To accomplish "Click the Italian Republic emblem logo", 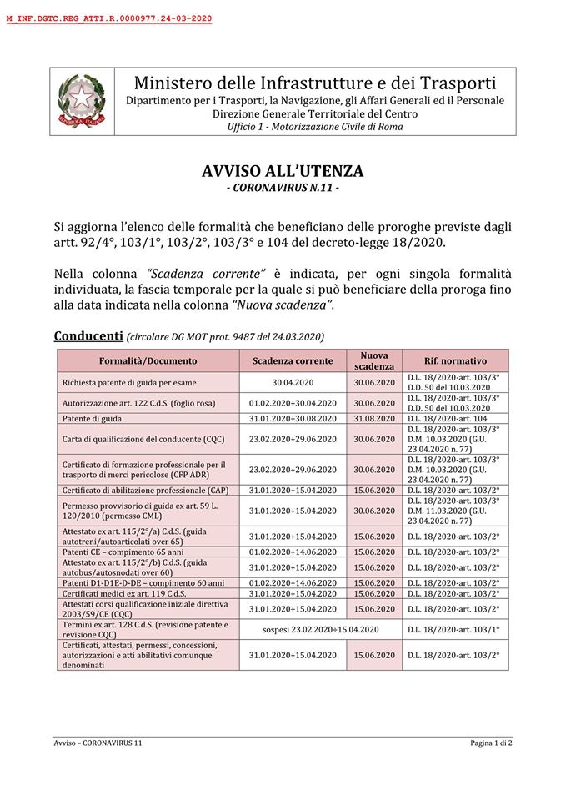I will (x=81, y=102).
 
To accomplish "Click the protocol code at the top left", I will (x=108, y=18).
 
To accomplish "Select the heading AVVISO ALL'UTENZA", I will (x=283, y=171).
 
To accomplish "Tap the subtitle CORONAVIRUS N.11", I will (x=283, y=189).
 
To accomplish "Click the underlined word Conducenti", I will (x=88, y=335).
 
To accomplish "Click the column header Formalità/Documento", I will (x=148, y=360).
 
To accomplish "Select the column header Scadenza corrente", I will (x=293, y=360).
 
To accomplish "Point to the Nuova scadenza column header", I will (x=373, y=360).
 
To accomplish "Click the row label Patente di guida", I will (x=92, y=418).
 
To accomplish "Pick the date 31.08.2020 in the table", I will (x=373, y=418).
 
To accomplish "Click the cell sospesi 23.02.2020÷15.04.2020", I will (x=321, y=629).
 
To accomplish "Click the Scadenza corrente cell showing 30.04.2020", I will (x=293, y=382).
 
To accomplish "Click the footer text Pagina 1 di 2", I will (x=491, y=742).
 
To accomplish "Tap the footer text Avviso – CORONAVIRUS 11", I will (x=98, y=742).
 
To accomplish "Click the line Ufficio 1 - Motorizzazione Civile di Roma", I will (x=314, y=127).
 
